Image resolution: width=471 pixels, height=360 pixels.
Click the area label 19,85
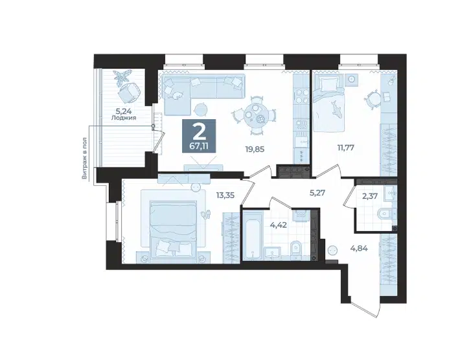coord(255,149)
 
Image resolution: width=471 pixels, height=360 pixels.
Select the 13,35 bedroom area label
coord(225,196)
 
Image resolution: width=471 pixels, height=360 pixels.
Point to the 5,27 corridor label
coord(317,193)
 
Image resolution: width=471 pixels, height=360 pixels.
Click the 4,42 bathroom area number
coord(278,225)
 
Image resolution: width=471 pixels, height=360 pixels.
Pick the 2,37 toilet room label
coord(369,196)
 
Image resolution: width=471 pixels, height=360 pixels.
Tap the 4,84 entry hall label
coord(360,249)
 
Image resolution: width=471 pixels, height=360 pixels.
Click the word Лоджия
coord(124,118)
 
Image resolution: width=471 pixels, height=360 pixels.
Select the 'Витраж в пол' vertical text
coord(85,159)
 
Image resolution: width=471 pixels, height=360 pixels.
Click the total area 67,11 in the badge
coord(199,146)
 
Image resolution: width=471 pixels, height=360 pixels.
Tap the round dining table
coord(254,115)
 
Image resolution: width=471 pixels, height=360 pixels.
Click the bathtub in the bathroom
coord(253,235)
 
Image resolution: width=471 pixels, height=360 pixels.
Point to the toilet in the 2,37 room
coord(384,214)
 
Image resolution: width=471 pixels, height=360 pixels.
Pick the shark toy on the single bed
coord(335,109)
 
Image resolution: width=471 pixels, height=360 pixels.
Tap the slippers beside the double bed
coord(206,214)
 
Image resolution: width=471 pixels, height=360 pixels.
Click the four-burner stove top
coord(301,96)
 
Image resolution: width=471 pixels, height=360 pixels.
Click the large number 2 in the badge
coord(198,131)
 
